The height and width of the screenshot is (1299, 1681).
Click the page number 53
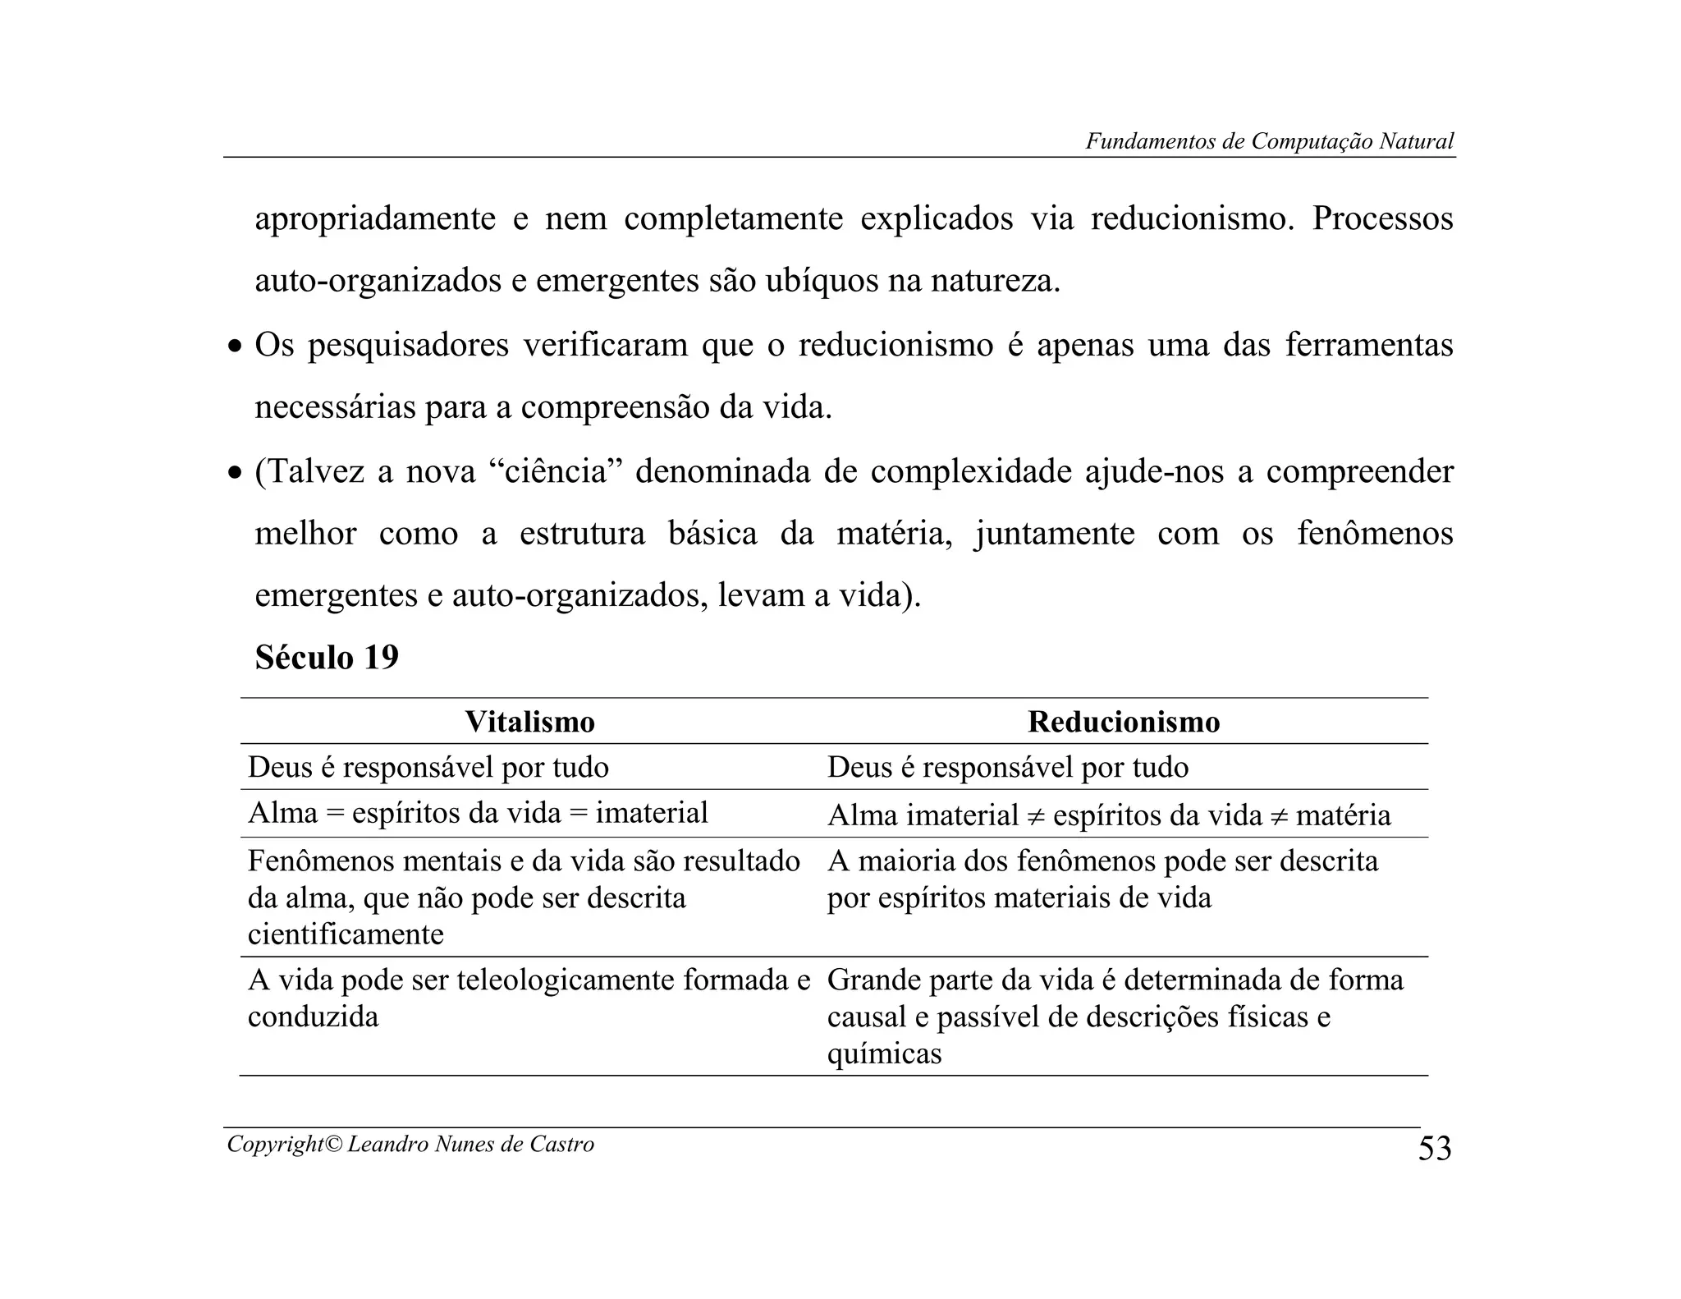coord(1435,1148)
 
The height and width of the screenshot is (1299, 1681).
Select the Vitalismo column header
coord(529,722)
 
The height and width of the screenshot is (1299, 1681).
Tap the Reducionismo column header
coord(1123,722)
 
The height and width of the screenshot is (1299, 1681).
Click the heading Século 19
coord(327,657)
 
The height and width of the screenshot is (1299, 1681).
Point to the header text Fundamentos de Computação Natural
coord(1269,141)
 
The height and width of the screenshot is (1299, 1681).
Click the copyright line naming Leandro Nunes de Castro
coord(410,1144)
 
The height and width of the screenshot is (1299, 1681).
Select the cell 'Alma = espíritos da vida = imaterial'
coord(478,813)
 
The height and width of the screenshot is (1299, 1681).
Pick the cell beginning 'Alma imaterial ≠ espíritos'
coord(1108,815)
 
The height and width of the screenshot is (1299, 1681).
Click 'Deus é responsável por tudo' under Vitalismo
coord(428,767)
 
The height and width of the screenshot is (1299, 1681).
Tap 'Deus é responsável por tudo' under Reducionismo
coord(1008,767)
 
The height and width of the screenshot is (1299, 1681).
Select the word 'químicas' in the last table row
coord(884,1053)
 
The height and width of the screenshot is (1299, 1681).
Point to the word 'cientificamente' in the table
coord(346,934)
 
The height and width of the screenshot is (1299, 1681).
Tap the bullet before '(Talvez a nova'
coord(236,474)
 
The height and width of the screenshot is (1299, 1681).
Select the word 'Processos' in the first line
coord(1382,218)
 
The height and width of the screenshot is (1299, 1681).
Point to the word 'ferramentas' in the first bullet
coord(1368,345)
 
